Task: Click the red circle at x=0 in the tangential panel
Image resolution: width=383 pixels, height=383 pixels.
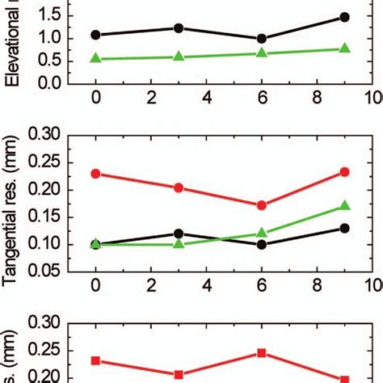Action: click(x=96, y=174)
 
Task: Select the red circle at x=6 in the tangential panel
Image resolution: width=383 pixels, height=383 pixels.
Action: click(x=261, y=205)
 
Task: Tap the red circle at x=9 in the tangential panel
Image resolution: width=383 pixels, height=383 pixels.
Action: click(x=344, y=172)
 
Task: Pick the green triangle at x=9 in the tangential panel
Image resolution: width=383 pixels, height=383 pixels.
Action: click(x=344, y=206)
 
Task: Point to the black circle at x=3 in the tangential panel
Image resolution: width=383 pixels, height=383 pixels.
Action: click(x=179, y=234)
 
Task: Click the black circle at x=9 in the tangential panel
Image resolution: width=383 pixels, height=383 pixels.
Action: click(x=344, y=228)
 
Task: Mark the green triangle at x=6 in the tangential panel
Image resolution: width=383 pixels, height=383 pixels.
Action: click(x=261, y=233)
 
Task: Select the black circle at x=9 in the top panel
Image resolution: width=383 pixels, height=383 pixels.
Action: click(x=344, y=17)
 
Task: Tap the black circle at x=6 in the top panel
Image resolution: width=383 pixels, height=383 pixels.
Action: click(x=261, y=39)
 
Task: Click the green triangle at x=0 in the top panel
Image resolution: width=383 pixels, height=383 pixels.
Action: click(x=96, y=58)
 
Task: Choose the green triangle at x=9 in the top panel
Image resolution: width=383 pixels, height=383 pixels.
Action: click(x=344, y=48)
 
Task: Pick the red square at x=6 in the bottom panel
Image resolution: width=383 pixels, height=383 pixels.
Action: click(x=261, y=353)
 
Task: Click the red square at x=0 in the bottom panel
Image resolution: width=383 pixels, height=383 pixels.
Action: click(x=96, y=360)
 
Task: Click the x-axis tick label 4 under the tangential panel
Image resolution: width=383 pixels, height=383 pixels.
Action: click(x=206, y=286)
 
